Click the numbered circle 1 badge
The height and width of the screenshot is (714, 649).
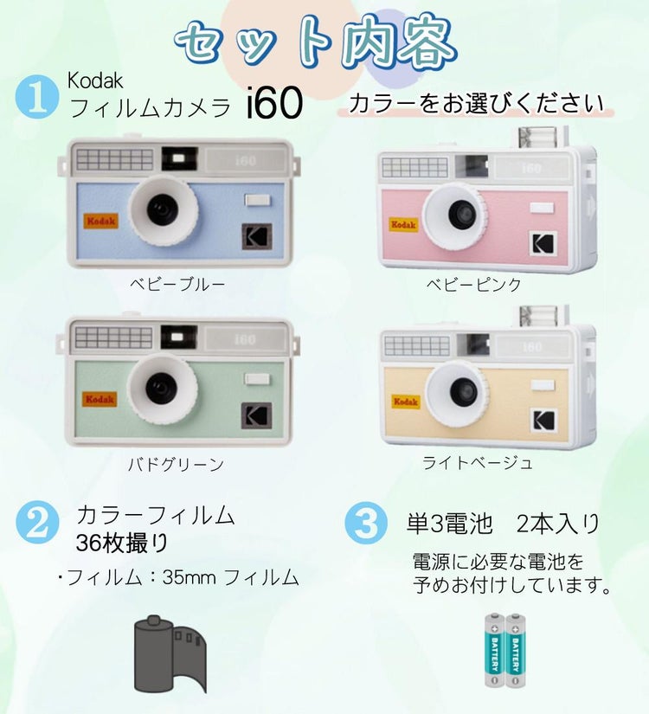35,98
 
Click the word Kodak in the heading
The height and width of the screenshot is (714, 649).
95,81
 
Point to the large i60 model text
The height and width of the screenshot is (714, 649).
273,105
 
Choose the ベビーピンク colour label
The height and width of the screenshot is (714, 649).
473,284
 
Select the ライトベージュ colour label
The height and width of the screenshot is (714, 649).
477,463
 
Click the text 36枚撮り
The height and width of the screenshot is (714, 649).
122,544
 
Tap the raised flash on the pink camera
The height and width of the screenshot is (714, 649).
542,137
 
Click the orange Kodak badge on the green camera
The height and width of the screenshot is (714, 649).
100,399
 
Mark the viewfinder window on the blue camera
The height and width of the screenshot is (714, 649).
180,158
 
